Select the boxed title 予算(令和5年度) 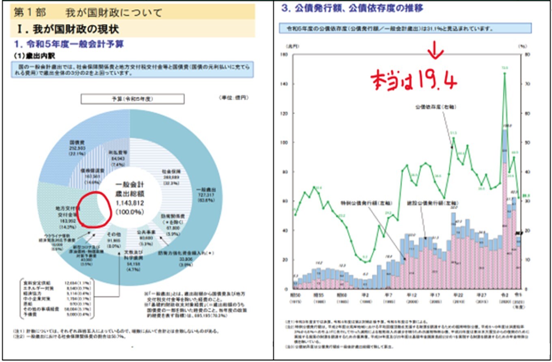click(133, 99)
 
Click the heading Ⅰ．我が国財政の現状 click(67, 30)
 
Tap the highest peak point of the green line click(505, 74)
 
